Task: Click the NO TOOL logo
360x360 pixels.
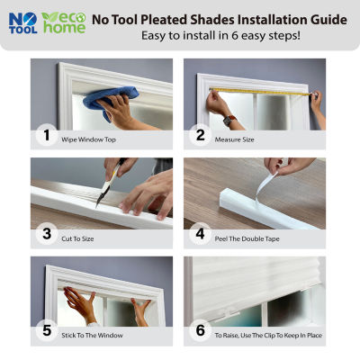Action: (x=23, y=23)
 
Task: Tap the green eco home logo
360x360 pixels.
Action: (x=64, y=22)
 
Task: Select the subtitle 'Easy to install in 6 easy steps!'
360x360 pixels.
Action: (x=220, y=36)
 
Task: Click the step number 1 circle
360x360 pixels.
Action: (x=47, y=135)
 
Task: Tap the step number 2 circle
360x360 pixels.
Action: (x=200, y=135)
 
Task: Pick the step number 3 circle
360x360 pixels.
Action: (x=47, y=234)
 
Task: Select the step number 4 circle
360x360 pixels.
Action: (x=200, y=234)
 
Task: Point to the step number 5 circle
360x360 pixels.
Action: (x=47, y=330)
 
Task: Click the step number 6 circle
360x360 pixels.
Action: (x=200, y=330)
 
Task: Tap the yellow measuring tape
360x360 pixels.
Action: (x=260, y=92)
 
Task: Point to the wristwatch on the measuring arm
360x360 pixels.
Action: (x=229, y=121)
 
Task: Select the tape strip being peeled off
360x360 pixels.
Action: (x=266, y=188)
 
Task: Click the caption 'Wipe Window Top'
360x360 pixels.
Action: (x=88, y=139)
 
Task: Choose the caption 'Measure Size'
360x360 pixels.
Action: (x=234, y=139)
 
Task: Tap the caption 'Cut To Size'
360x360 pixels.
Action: (x=77, y=238)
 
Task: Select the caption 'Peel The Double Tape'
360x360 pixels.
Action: (x=247, y=238)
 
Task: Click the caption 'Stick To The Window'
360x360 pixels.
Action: (x=92, y=336)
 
